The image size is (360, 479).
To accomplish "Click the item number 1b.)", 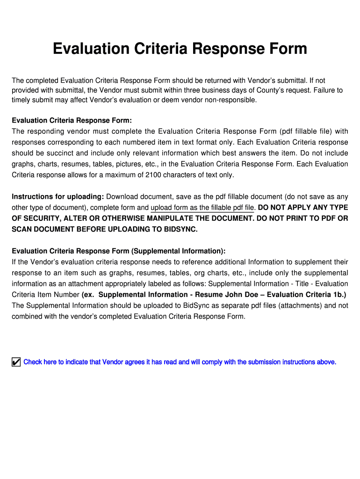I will click(338, 295).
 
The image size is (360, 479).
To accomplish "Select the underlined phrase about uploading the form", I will click(203, 207).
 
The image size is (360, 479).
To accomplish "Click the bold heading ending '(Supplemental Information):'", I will click(119, 251).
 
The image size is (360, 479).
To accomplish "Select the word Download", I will click(122, 196).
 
